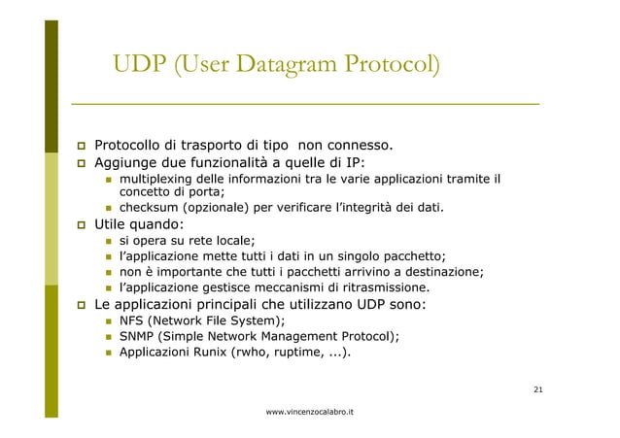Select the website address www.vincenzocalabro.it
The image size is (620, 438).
pos(309,413)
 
